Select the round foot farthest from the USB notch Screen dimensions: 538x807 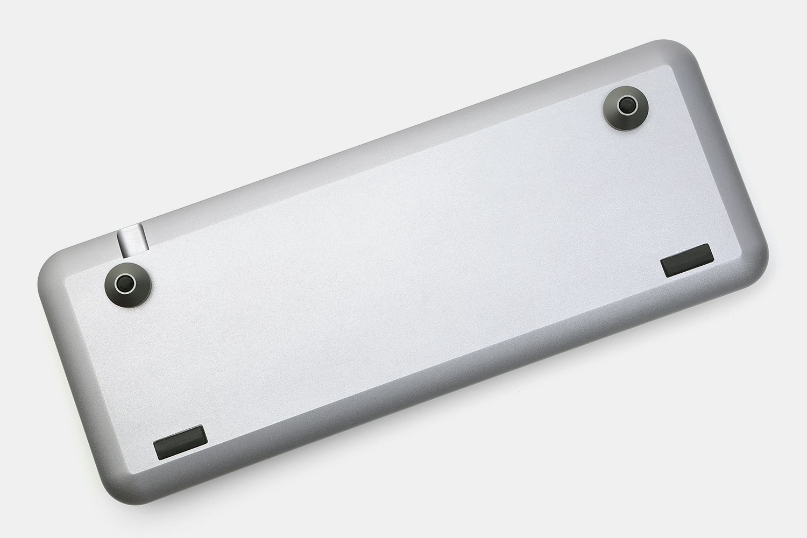tap(624, 105)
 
